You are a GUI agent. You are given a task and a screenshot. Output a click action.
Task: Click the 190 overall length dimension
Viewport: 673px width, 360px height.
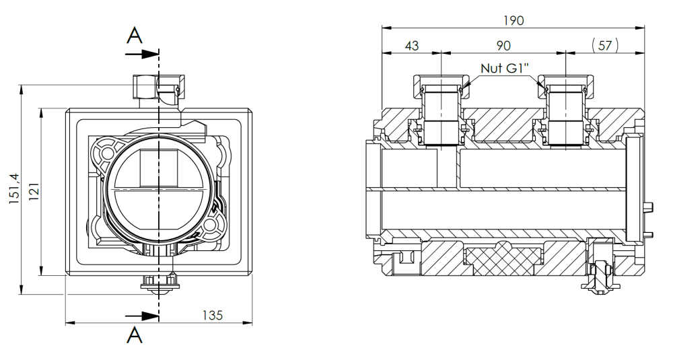pyautogui.click(x=513, y=20)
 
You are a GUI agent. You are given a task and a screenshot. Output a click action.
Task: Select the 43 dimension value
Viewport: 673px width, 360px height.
pyautogui.click(x=412, y=46)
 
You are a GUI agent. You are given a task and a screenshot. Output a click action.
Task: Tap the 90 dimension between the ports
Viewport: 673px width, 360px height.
pyautogui.click(x=503, y=46)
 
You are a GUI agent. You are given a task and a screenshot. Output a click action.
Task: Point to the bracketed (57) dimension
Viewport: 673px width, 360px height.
pyautogui.click(x=605, y=45)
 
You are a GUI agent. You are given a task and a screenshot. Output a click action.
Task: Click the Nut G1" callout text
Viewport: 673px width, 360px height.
pyautogui.click(x=505, y=68)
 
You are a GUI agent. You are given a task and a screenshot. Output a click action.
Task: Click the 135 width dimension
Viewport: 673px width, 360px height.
pyautogui.click(x=213, y=316)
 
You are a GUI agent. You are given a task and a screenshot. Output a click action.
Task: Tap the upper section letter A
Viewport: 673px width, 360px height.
pyautogui.click(x=135, y=36)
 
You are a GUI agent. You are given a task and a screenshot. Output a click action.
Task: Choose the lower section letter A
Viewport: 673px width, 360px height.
pyautogui.click(x=135, y=335)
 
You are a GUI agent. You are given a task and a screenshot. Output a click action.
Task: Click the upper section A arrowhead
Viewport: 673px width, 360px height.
pyautogui.click(x=150, y=54)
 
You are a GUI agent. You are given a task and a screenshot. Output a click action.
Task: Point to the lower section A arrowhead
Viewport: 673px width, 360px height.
pyautogui.click(x=150, y=316)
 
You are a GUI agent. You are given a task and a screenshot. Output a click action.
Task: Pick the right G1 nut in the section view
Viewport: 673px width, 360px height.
pyautogui.click(x=567, y=86)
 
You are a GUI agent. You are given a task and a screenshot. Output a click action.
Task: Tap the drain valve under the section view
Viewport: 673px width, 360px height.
pyautogui.click(x=600, y=271)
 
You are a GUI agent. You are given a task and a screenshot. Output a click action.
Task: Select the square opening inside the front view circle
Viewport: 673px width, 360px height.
pyautogui.click(x=159, y=168)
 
